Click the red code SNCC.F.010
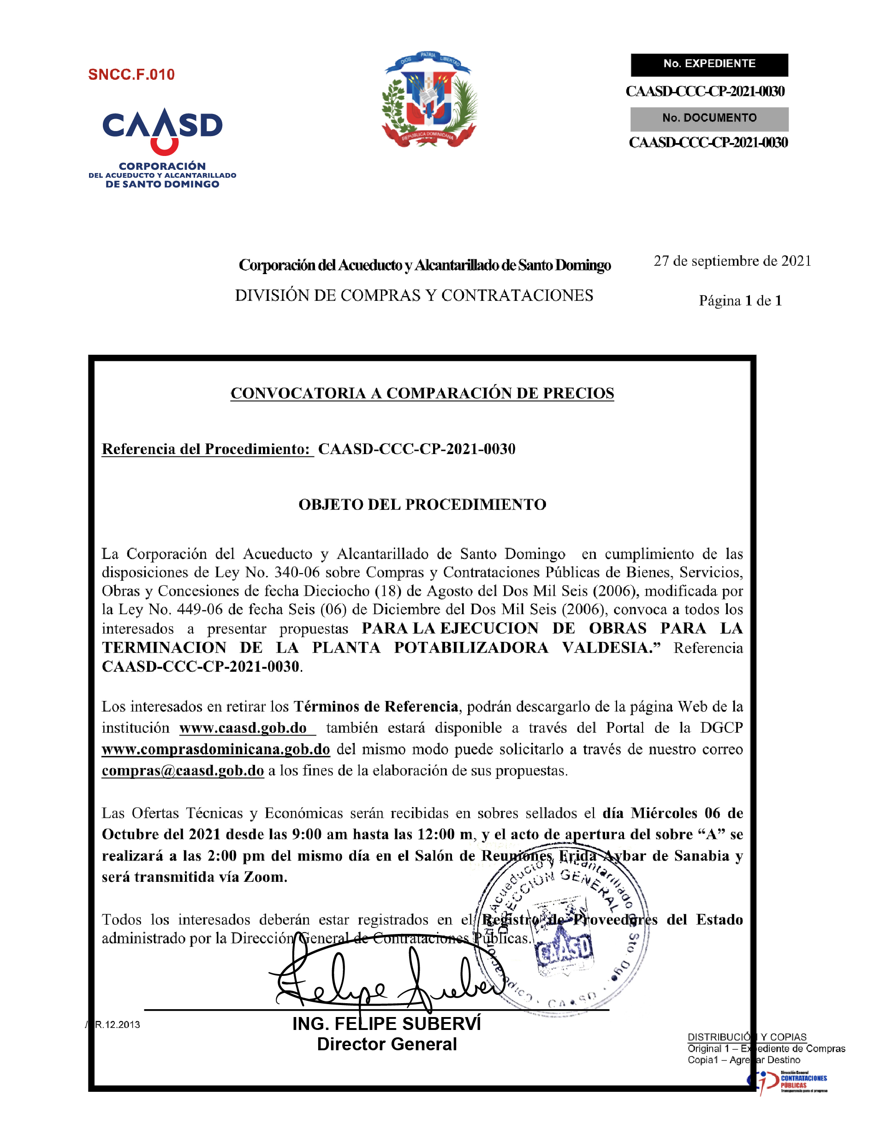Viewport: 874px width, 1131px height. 131,75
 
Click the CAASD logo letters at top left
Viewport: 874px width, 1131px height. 162,126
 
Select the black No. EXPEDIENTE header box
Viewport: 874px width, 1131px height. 709,64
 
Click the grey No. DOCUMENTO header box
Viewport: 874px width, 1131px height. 709,118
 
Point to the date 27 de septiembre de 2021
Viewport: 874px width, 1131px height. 731,261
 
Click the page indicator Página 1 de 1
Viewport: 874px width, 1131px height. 740,300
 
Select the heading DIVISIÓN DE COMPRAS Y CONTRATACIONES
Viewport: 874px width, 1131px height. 414,295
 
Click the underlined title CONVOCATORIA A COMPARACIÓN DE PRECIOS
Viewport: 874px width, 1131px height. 422,393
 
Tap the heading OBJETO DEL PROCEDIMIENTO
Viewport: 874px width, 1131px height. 422,504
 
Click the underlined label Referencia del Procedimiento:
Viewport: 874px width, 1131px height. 207,449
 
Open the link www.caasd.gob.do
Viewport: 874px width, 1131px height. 243,728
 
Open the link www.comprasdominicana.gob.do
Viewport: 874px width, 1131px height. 216,749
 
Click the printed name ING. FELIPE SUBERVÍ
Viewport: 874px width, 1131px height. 386,1024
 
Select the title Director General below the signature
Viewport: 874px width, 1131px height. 386,1044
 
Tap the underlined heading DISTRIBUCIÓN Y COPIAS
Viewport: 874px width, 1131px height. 747,1037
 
